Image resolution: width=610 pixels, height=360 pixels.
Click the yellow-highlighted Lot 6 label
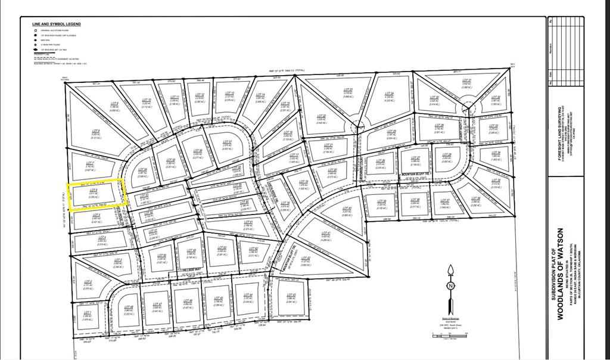click(94, 191)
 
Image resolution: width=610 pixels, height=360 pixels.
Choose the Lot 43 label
click(291, 295)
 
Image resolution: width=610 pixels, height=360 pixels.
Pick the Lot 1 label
click(88, 312)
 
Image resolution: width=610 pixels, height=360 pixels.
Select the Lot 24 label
click(390, 94)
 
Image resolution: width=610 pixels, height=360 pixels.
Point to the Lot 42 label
click(306, 259)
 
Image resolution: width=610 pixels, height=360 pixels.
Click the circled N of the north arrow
click(450, 285)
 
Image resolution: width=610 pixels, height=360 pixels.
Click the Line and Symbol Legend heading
click(57, 24)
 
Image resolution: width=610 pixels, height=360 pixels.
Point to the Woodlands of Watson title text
click(560, 274)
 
